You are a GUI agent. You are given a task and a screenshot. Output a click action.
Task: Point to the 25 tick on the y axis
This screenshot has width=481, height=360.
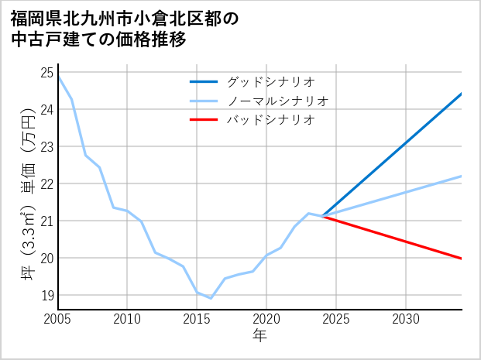46,73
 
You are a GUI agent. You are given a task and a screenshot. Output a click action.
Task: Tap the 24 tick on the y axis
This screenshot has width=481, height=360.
46,110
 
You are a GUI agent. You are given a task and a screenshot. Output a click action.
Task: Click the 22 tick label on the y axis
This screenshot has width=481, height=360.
46,184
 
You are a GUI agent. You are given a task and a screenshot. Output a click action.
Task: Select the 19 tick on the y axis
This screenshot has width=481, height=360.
46,296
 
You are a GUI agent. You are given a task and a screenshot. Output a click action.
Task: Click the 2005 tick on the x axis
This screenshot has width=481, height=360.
58,319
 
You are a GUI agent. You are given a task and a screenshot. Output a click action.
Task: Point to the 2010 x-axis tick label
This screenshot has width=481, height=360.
128,319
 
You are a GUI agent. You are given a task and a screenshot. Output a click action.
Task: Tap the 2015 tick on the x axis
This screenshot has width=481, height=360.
198,319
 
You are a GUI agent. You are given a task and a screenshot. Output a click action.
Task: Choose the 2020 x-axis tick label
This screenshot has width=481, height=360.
266,319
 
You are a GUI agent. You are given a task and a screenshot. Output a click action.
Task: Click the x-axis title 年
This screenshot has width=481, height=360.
260,335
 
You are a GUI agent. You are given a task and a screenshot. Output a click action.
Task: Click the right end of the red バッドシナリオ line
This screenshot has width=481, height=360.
462,259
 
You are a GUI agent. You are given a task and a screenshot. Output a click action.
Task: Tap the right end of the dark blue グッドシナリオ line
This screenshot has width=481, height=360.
462,94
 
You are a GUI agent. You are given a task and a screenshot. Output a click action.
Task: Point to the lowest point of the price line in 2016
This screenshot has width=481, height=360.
211,298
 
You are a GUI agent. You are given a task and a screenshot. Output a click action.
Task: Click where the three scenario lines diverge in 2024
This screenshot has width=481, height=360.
322,217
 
